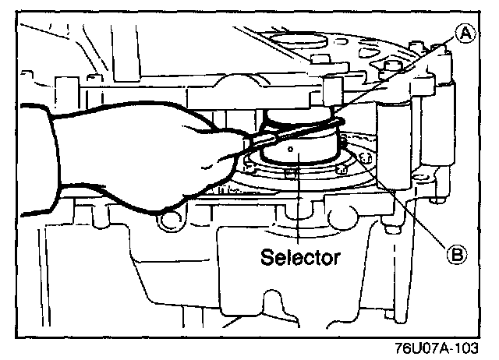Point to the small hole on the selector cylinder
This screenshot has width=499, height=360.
tap(290, 147)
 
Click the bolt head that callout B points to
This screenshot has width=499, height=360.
tap(363, 158)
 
